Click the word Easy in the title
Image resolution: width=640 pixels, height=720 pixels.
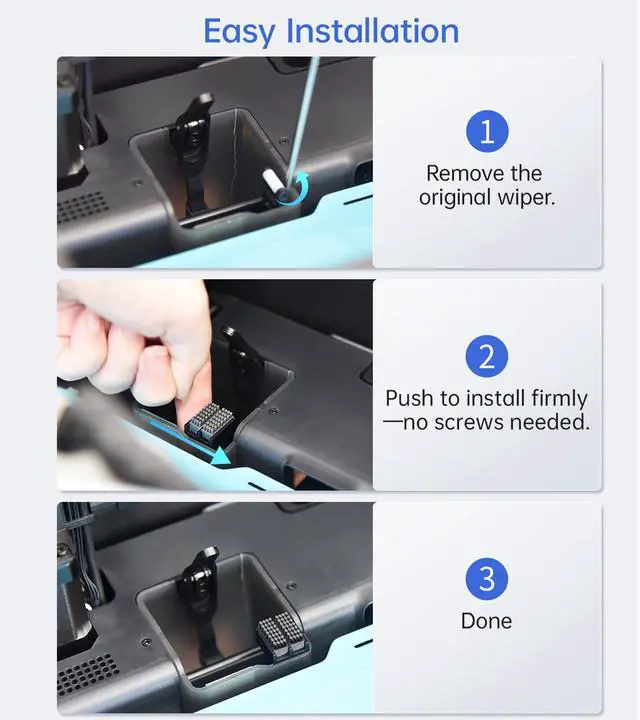coord(239,32)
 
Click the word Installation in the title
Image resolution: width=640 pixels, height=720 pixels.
coord(372,31)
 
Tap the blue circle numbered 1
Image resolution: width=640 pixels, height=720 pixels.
coord(487,131)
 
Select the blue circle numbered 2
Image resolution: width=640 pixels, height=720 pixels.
coord(487,356)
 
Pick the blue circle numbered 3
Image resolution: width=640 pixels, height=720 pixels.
coord(487,579)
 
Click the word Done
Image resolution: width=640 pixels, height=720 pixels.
coord(486,621)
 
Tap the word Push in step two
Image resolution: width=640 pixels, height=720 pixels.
coord(410,398)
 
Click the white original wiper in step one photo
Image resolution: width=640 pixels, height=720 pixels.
coord(271,185)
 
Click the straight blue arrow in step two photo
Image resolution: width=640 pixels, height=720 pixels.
coord(188,442)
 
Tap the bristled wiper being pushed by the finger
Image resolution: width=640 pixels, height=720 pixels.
coord(209,420)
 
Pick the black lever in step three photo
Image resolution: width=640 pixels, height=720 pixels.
coord(201,597)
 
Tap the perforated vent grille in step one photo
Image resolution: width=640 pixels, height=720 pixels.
coord(82,206)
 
